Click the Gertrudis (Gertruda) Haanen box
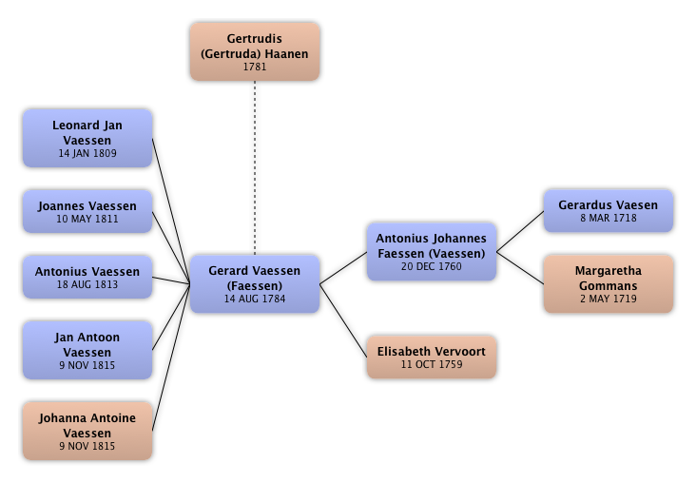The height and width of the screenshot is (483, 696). [254, 51]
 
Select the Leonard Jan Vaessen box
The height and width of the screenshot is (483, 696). [87, 138]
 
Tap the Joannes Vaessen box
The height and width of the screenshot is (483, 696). [87, 211]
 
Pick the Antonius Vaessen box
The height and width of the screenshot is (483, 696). [87, 277]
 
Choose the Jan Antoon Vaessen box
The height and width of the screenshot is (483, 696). [87, 350]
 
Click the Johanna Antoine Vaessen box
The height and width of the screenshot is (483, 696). [87, 430]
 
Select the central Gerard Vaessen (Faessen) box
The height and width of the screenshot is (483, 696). [255, 283]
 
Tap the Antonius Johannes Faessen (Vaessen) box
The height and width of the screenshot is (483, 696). [432, 251]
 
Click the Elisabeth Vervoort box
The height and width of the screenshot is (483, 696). [432, 357]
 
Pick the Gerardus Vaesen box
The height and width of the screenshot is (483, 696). [608, 210]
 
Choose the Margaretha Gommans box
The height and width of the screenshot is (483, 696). [608, 283]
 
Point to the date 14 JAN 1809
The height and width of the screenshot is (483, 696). [87, 153]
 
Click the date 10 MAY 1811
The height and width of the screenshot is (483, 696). [87, 219]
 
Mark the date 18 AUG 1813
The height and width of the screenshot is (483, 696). [87, 284]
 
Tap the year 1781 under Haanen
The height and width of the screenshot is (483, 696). [254, 67]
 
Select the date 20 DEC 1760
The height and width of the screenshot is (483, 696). [432, 266]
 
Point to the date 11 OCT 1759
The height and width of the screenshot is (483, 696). [432, 364]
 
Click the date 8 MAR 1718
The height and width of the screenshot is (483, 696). [608, 218]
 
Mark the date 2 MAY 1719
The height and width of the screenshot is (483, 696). [608, 299]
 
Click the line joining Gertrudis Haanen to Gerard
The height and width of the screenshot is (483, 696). [255, 166]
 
